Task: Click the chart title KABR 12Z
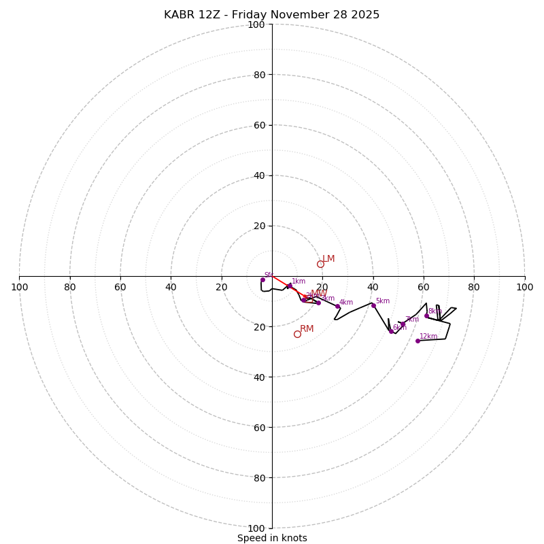271,15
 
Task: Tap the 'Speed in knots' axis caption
272,538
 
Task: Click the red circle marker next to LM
320,264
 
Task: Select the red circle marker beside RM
297,334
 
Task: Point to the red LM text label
328,259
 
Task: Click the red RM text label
307,329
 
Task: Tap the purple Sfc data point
262,279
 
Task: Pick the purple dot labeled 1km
290,286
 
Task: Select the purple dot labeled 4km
337,307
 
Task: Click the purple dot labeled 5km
373,305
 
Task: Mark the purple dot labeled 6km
391,331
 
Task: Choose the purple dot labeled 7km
403,324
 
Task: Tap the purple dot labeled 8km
426,316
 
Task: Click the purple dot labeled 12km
418,341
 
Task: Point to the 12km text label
428,336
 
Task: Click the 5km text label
383,301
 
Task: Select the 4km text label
346,303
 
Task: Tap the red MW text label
319,293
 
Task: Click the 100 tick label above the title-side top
256,24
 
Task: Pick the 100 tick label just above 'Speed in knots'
256,528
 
